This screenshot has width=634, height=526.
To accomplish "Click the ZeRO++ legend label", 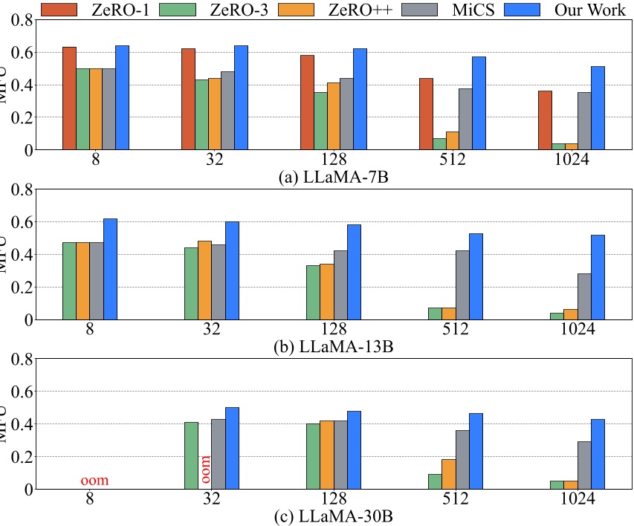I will (355, 9).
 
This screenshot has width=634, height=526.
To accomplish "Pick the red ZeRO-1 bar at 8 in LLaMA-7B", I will (69, 98).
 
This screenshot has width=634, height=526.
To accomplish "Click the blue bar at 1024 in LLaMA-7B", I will (598, 108).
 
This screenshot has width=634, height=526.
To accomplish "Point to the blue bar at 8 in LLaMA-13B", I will (110, 269).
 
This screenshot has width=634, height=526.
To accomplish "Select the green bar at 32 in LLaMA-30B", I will (191, 455).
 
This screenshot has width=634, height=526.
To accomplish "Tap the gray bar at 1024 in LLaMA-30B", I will (584, 465).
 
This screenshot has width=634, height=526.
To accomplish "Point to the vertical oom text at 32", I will (206, 470).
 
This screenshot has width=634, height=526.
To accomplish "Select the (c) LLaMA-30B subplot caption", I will (333, 516).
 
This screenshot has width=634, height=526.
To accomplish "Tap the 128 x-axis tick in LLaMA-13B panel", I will (333, 331).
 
